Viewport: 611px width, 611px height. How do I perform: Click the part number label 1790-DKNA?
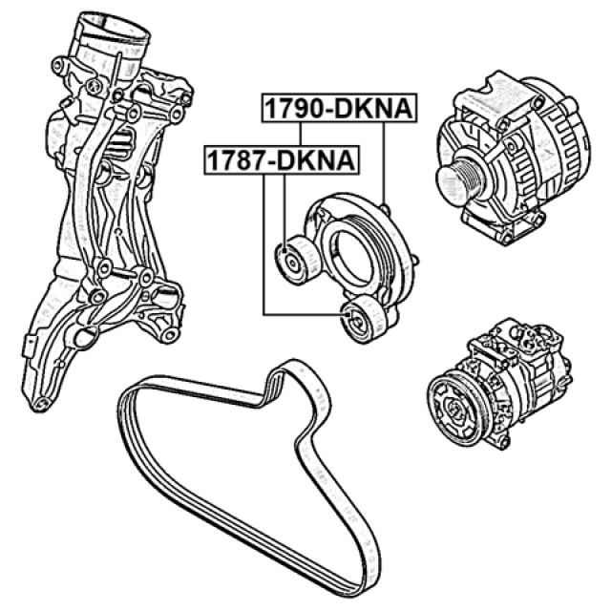click(339, 108)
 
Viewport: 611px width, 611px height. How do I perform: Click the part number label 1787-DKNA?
click(282, 160)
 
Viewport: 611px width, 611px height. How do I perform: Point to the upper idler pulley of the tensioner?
click(297, 260)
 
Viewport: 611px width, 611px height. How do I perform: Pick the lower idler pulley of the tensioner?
click(364, 320)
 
